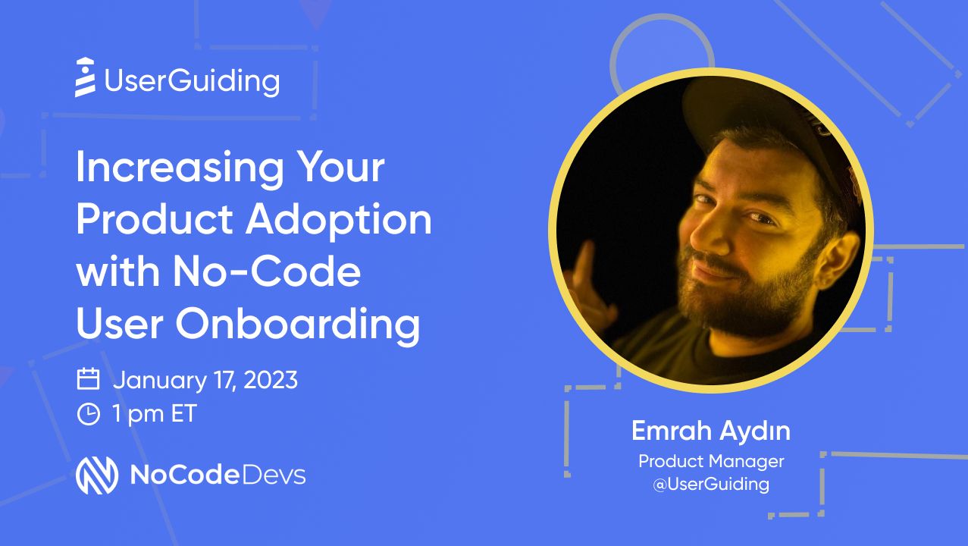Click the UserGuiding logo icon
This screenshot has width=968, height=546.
click(86, 77)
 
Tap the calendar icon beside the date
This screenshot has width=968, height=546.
click(89, 379)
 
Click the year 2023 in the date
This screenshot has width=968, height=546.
click(269, 380)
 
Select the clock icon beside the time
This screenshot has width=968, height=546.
click(89, 414)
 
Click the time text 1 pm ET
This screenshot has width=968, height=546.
click(155, 415)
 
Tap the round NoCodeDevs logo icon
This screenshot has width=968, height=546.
click(96, 475)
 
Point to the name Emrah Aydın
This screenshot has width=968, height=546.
click(710, 431)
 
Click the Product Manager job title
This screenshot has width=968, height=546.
click(711, 461)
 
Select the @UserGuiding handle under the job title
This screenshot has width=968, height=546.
click(711, 484)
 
